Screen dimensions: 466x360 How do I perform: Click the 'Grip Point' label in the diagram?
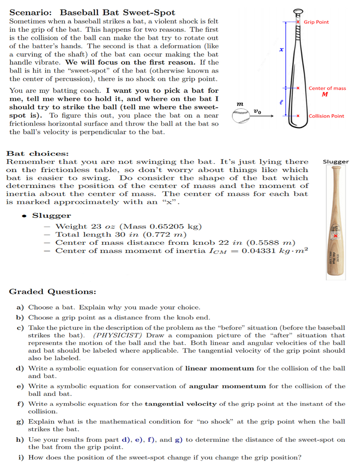coord(316,22)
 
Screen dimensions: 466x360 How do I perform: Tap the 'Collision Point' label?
coord(326,116)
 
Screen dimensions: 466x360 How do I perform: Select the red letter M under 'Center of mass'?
coord(325,95)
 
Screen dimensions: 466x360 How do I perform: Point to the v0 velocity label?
coord(257,111)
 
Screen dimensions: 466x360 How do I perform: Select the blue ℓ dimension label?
coord(281,102)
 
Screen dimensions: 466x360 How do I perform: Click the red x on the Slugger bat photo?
coord(335,236)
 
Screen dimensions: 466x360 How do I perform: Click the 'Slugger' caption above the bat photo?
coord(335,162)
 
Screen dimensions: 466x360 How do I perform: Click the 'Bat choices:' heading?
coord(37,154)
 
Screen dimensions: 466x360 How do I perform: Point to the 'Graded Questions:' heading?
coord(52,291)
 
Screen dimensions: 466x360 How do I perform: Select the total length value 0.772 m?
coord(168,234)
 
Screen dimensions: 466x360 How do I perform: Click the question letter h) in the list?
coord(20,440)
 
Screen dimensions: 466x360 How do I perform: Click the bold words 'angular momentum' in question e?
coord(227,386)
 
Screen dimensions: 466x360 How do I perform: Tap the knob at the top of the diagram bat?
coord(298,11)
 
